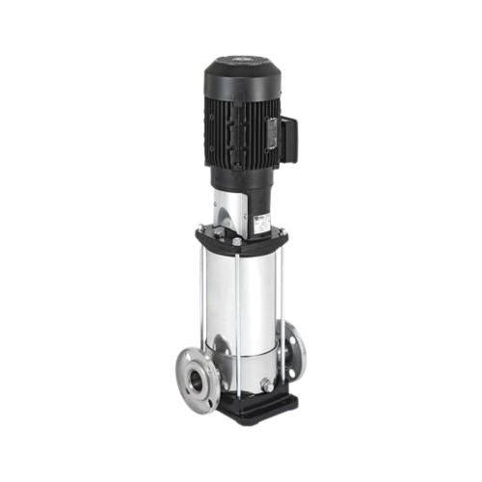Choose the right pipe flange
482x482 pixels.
(295, 352)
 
